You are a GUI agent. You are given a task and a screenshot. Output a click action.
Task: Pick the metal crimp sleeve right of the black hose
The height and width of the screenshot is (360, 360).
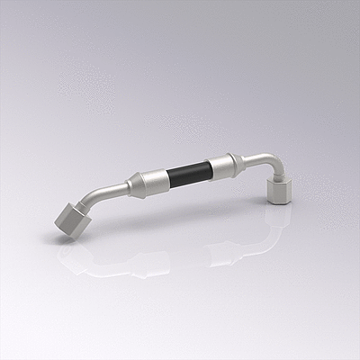pyautogui.click(x=222, y=165)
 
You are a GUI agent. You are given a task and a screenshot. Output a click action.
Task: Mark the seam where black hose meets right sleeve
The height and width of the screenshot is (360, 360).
pyautogui.click(x=211, y=167)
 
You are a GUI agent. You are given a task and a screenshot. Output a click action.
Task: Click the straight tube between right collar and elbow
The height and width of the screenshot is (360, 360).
pyautogui.click(x=254, y=159)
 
